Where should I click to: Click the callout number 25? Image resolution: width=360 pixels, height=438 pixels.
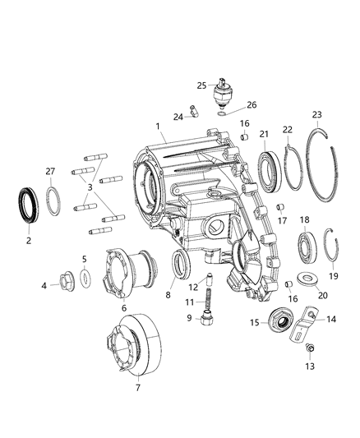pyautogui.click(x=201, y=85)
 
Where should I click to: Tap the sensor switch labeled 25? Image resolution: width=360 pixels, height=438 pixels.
pyautogui.click(x=224, y=93)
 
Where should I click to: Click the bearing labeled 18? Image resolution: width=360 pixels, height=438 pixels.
pyautogui.click(x=308, y=246)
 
